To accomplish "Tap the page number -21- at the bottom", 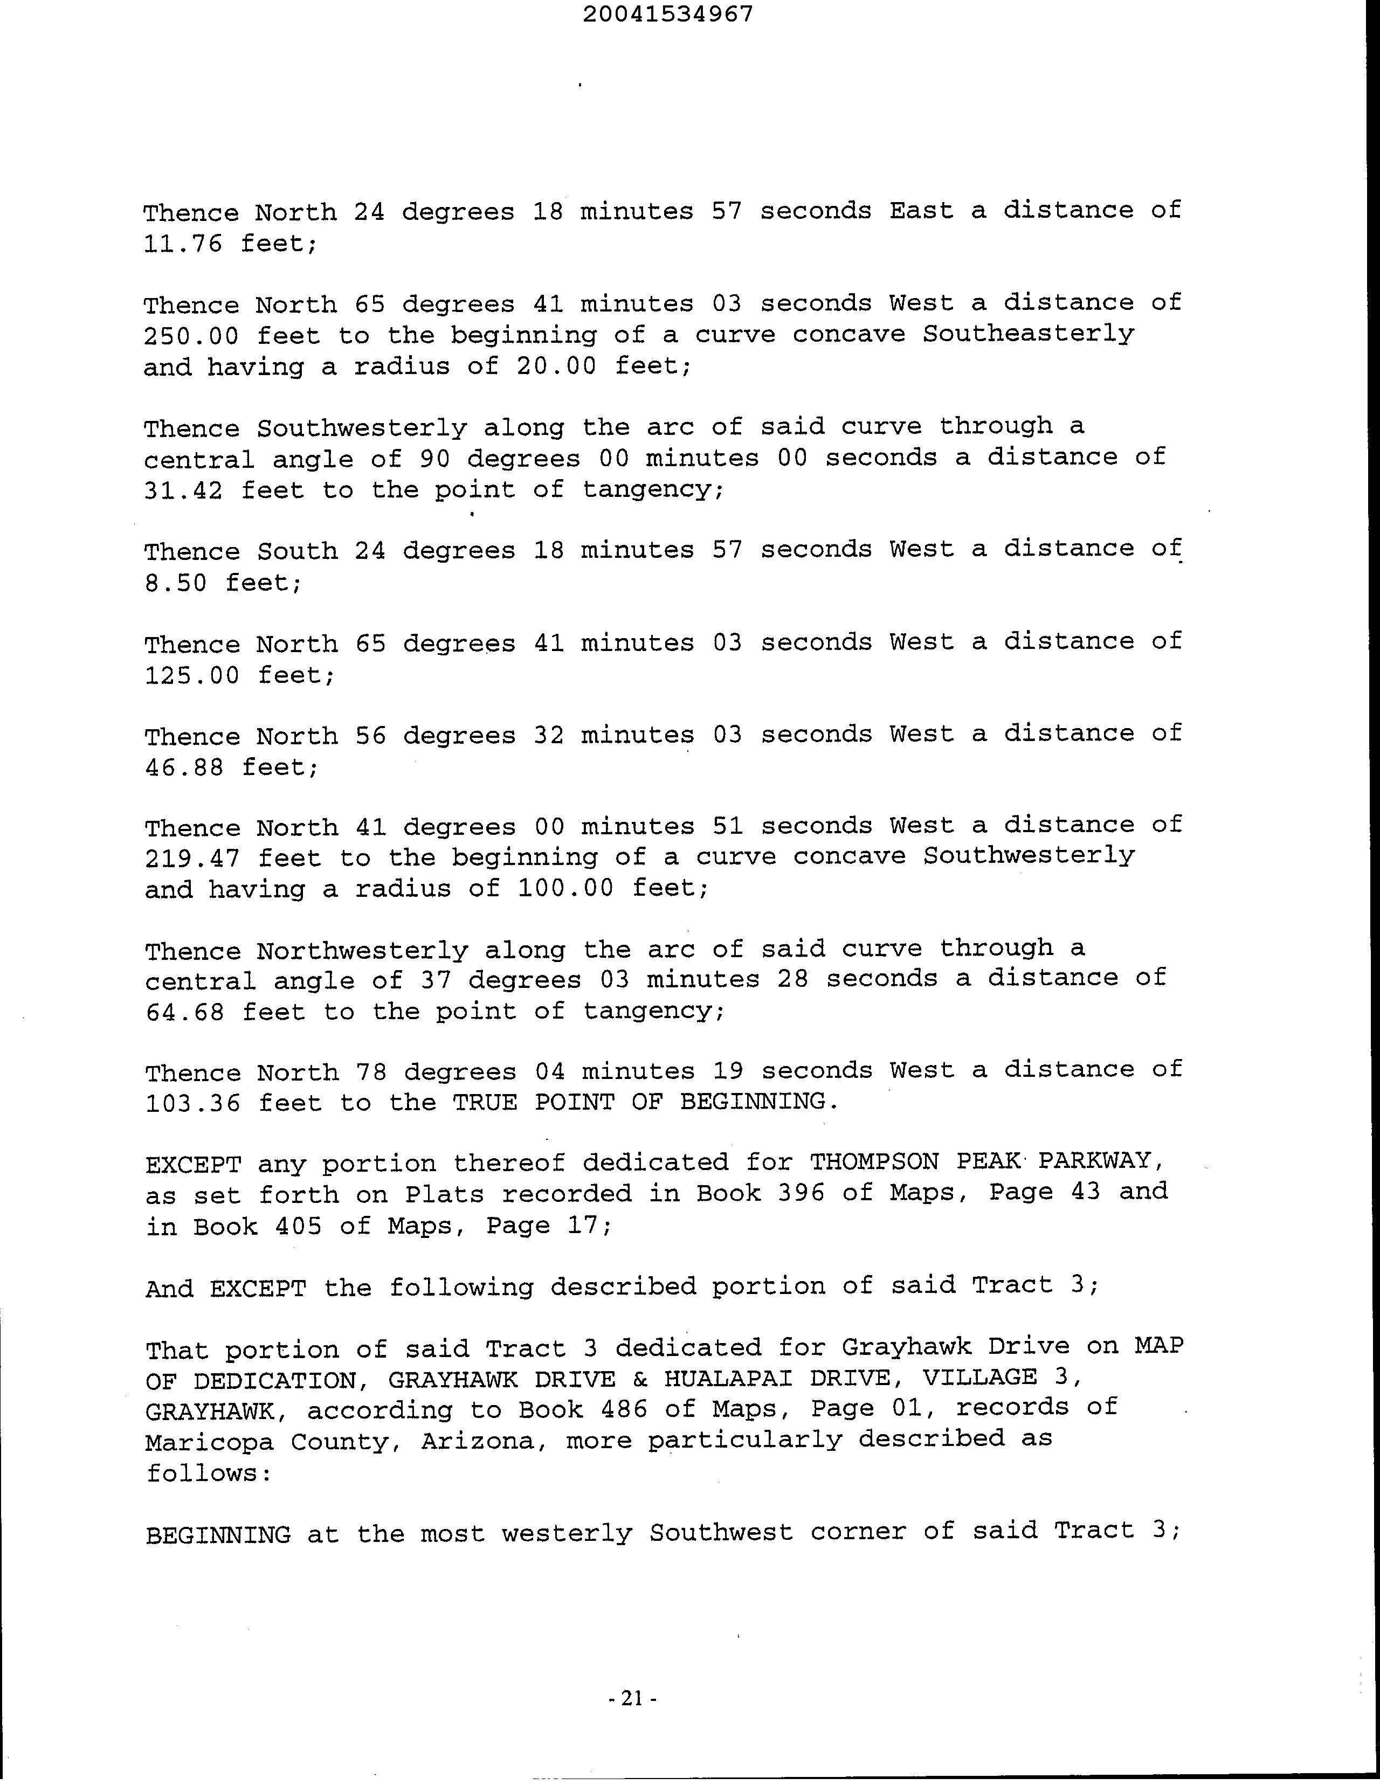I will point(633,1698).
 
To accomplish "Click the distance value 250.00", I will point(191,336).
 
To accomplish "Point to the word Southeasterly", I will point(1029,334).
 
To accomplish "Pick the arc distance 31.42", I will point(183,490).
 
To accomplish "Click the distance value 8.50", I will point(176,583).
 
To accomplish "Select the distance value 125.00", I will point(192,675).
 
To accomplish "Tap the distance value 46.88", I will point(184,767).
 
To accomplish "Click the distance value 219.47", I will point(192,858).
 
